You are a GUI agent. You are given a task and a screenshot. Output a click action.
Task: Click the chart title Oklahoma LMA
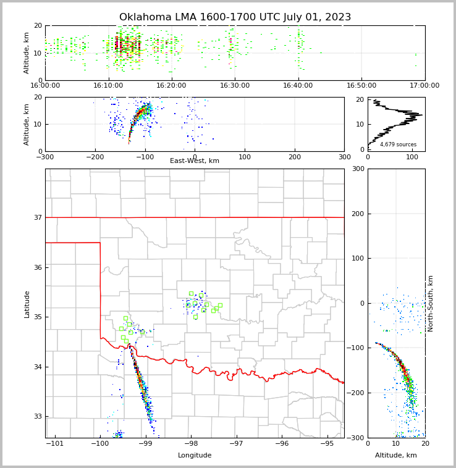coord(235,17)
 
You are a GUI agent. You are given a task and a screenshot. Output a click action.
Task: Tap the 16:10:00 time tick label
coord(108,86)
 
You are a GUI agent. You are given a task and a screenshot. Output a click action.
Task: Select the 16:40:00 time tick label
coord(298,86)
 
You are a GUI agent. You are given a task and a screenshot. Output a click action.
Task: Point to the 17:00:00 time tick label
coord(424,86)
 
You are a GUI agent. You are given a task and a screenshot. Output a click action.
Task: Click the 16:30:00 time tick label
coord(235,86)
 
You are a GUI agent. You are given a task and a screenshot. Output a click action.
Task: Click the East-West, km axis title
coord(195,161)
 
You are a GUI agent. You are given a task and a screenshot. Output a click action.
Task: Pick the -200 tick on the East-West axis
coord(95,157)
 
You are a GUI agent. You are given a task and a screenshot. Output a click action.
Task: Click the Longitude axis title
coord(195,456)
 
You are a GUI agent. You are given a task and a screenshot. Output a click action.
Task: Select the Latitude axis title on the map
coord(27,304)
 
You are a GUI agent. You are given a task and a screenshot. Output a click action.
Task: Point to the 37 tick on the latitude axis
coord(37,217)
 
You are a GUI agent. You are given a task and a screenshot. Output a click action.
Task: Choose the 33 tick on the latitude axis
coord(37,417)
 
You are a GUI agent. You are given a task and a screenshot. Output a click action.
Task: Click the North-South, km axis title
coord(431,303)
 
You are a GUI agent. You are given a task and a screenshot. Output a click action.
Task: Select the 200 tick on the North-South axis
coord(357,214)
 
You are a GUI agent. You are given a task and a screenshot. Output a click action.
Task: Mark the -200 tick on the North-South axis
coord(355,393)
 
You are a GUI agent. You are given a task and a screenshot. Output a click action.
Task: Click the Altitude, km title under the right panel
coord(396,456)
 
